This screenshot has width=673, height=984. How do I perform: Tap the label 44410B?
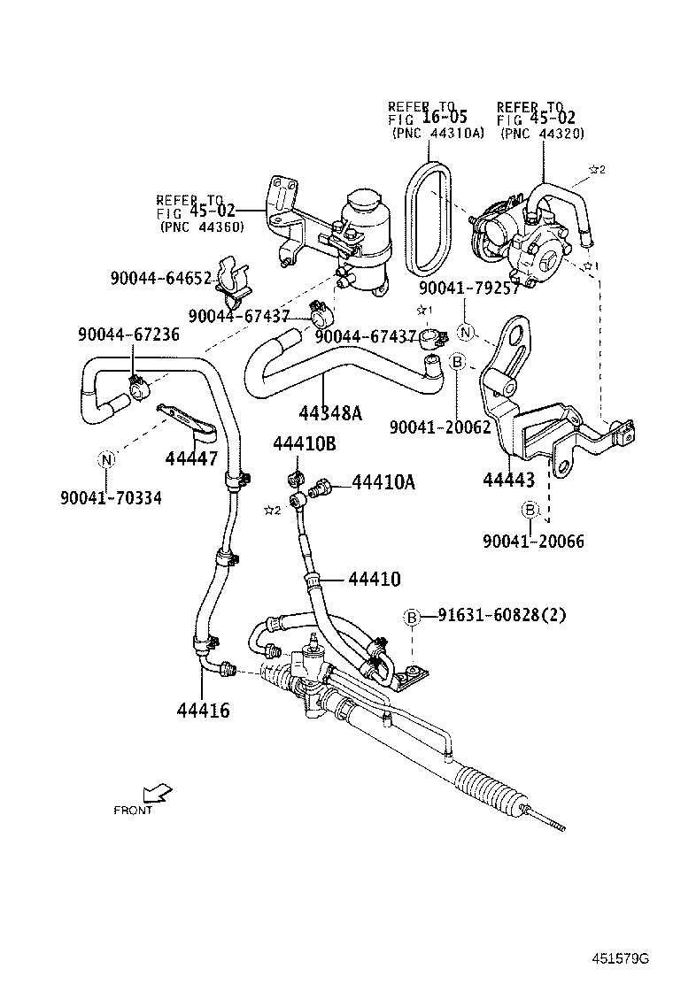click(x=304, y=444)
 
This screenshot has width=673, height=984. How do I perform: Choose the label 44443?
click(x=508, y=480)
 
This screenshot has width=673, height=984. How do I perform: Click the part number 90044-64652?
click(x=161, y=278)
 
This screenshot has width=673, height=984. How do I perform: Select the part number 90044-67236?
click(x=128, y=334)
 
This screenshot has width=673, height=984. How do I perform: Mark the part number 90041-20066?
click(x=533, y=541)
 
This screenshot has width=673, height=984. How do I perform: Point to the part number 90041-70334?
click(x=111, y=498)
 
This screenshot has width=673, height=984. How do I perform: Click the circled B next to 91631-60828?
click(x=412, y=617)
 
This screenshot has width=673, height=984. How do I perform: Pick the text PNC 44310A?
click(x=437, y=133)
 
